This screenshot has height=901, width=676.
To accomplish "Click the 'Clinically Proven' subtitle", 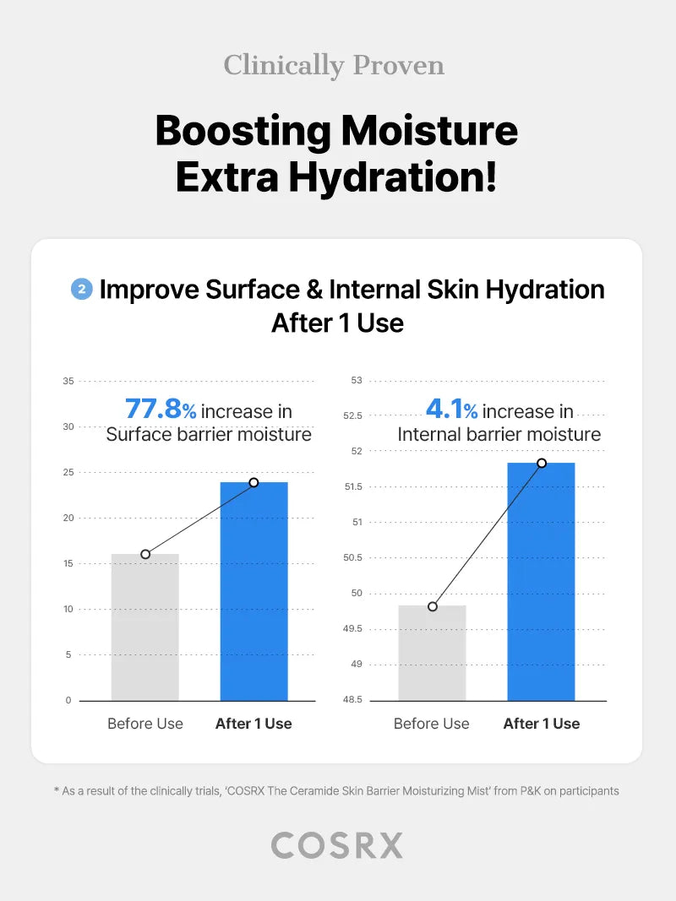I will pos(334,65).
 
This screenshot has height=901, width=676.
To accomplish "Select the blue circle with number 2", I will pos(81,290).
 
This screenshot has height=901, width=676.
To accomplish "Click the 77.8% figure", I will pos(160,410).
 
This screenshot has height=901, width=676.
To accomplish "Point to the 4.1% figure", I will pos(451,410).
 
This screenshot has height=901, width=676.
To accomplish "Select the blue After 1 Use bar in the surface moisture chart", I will pos(253,591).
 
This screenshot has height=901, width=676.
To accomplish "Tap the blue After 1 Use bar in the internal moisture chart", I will pos(541,583).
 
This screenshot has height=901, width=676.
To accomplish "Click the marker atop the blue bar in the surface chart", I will pos(253,482).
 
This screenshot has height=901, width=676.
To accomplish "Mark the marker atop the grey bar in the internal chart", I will pos(433,606).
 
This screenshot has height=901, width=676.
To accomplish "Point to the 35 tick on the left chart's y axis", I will pos(68,381).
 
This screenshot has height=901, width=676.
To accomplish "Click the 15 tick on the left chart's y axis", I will pos(68,563).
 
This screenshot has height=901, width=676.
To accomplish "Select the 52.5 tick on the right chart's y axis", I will pos(352,415).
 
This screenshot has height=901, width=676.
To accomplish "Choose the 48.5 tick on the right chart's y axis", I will pos(352,700).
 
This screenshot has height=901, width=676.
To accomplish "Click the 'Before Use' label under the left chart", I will pos(145,724).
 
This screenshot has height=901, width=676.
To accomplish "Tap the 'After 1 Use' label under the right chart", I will pos(542,724).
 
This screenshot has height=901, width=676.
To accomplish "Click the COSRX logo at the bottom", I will pos(337,845).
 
